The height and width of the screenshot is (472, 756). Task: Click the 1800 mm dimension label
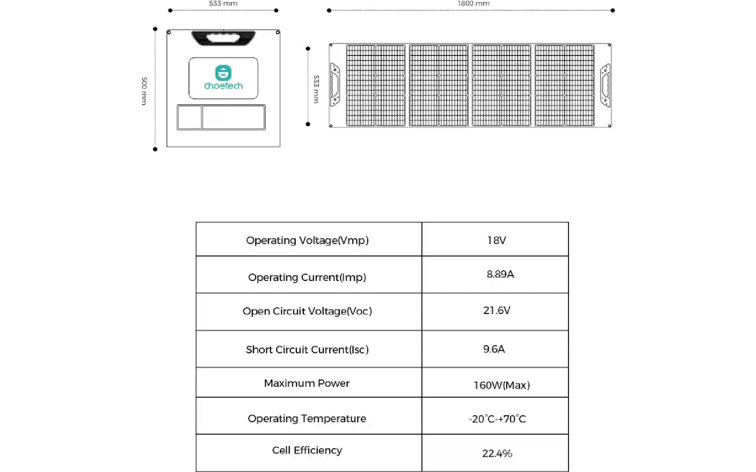[473, 4]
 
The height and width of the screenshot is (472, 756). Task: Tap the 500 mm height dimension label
[144, 91]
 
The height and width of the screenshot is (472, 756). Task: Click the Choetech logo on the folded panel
[223, 77]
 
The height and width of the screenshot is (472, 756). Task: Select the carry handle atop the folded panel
[223, 38]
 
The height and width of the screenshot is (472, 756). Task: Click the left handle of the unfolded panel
[334, 85]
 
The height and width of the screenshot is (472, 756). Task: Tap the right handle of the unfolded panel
[605, 85]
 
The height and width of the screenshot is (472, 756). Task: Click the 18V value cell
[497, 240]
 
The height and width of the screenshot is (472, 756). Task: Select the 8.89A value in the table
[500, 274]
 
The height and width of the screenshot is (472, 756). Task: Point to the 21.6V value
[497, 310]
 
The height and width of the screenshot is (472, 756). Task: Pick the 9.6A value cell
[494, 349]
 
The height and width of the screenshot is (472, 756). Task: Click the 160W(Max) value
[502, 385]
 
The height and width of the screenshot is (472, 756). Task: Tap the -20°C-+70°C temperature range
[497, 419]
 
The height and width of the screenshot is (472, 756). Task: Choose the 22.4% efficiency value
[497, 454]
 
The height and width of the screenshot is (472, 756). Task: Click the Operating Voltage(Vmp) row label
[308, 240]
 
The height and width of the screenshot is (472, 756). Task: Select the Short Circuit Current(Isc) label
[308, 350]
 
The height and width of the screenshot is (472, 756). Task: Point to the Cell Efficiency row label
[307, 450]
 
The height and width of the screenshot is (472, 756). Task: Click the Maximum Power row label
[307, 383]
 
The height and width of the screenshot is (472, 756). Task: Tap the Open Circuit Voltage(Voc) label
[307, 311]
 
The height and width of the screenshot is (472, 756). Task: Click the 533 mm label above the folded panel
[223, 4]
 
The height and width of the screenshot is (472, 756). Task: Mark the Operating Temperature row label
[307, 419]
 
